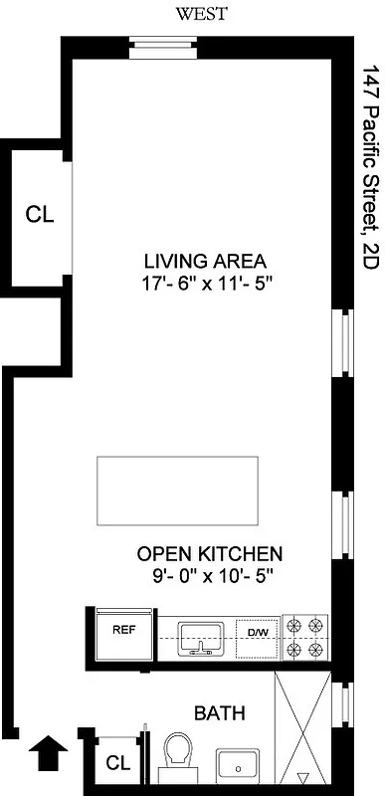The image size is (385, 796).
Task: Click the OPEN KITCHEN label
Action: (x=210, y=554)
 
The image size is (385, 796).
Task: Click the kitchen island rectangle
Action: (x=178, y=493)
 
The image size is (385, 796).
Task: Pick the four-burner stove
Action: (x=306, y=638)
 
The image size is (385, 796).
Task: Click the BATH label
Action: (x=219, y=713)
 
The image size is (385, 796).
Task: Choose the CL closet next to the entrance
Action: (x=117, y=764)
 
